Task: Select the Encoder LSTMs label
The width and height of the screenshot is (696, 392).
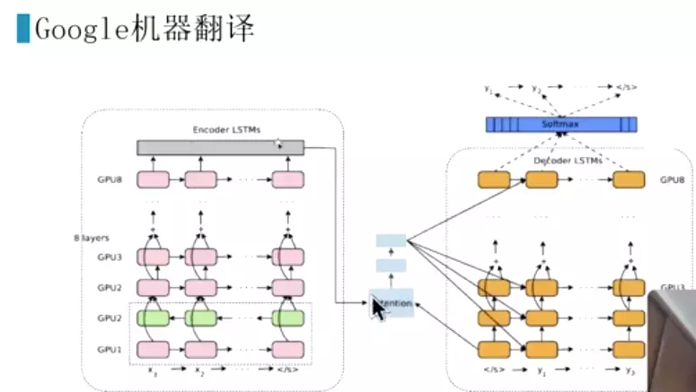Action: (x=226, y=130)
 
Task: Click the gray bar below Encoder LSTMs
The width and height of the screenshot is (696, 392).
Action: (x=220, y=147)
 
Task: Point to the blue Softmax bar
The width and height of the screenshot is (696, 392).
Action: (x=561, y=125)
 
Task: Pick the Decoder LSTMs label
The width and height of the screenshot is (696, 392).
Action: (x=568, y=160)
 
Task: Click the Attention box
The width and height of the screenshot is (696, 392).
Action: (x=392, y=304)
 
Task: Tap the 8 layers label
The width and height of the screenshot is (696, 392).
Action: (x=92, y=238)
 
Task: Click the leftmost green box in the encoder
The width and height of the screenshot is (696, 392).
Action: (x=153, y=318)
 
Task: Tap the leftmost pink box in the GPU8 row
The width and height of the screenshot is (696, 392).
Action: (x=153, y=180)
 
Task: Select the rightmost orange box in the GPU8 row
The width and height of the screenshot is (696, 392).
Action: (x=629, y=179)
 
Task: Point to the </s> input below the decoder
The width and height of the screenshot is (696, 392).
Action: (x=494, y=370)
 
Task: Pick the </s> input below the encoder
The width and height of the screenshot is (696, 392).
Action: (x=289, y=370)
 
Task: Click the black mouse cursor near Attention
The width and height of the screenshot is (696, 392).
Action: (x=378, y=309)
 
